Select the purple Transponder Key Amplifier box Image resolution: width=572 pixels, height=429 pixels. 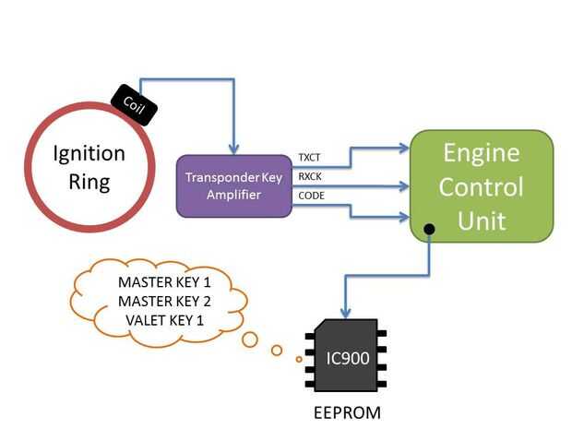[x=234, y=185]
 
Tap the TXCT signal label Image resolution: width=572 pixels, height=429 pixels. [x=310, y=159]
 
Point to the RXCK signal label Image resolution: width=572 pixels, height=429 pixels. [x=310, y=177]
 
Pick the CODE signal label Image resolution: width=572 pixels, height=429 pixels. [x=311, y=196]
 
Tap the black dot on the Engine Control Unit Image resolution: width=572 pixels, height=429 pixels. [x=429, y=228]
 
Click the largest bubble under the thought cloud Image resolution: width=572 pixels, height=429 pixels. [x=250, y=339]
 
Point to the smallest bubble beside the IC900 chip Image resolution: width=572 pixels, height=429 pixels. [x=299, y=359]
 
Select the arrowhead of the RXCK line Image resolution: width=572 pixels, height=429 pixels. [x=402, y=186]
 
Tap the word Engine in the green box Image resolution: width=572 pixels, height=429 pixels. [x=481, y=152]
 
